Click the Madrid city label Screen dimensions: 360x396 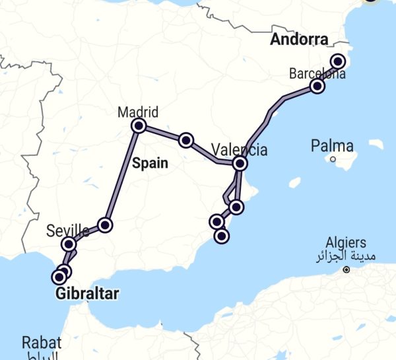pyautogui.click(x=138, y=112)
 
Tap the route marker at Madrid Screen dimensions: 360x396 pyautogui.click(x=139, y=126)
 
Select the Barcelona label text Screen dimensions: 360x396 pyautogui.click(x=317, y=73)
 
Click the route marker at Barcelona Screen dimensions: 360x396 pyautogui.click(x=317, y=87)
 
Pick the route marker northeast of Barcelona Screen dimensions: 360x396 pyautogui.click(x=338, y=61)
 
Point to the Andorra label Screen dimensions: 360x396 pyautogui.click(x=299, y=40)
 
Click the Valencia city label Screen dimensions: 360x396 pyautogui.click(x=240, y=149)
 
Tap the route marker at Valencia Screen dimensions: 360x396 pyautogui.click(x=240, y=163)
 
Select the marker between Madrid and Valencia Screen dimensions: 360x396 pyautogui.click(x=186, y=139)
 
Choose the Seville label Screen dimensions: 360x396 pyautogui.click(x=68, y=231)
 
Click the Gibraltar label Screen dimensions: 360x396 pyautogui.click(x=86, y=293)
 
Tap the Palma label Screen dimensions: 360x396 pyautogui.click(x=333, y=146)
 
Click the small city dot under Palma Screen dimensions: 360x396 pyautogui.click(x=333, y=159)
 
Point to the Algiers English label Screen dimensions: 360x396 pyautogui.click(x=346, y=243)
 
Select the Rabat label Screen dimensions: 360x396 pyautogui.click(x=41, y=342)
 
